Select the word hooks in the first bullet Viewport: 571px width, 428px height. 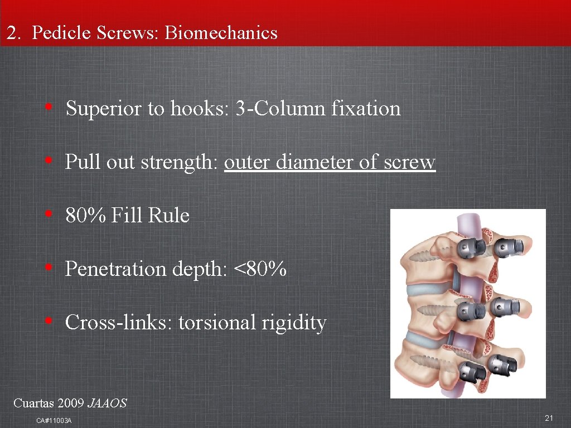click(199, 108)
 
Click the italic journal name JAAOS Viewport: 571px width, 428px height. click(108, 402)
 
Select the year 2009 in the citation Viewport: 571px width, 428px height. click(71, 402)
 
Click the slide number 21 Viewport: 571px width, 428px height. click(549, 419)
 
